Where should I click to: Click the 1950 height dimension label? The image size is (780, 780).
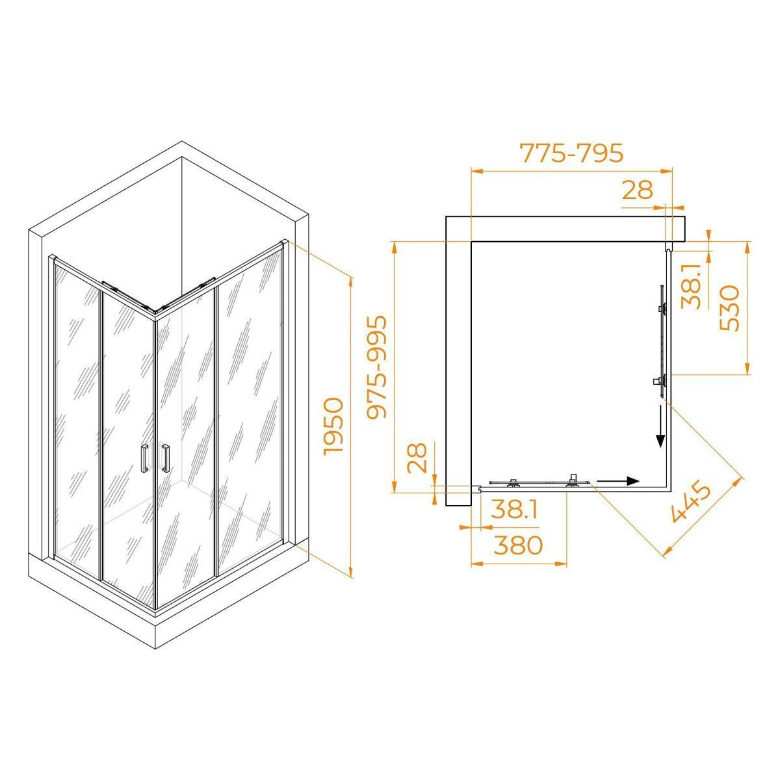point(334,426)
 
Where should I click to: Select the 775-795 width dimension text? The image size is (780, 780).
point(571,153)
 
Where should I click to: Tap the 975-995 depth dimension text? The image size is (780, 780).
point(376,367)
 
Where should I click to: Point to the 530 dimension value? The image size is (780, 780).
point(730,307)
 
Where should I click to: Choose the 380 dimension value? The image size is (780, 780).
point(518,545)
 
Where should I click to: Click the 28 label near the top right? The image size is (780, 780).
point(638,189)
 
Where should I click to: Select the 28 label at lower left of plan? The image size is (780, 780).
point(417,458)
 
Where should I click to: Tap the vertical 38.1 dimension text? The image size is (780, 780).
point(692,286)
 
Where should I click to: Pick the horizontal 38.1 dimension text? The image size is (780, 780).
point(513,510)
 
